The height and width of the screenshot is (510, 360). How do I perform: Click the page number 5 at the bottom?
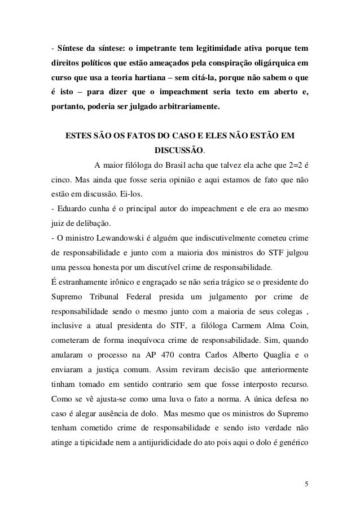(x=305, y=483)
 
